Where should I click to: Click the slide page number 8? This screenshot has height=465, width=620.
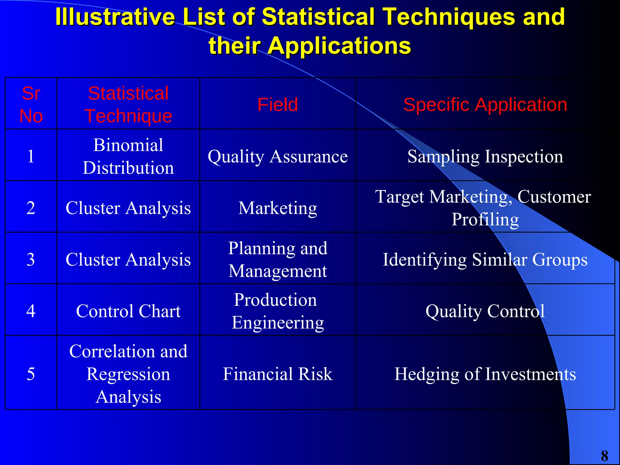(x=604, y=456)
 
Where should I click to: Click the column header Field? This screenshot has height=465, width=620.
(x=278, y=104)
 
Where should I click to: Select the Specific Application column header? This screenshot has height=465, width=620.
(x=485, y=104)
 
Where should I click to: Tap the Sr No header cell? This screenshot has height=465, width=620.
(x=31, y=104)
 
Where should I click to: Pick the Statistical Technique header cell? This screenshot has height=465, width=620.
(x=128, y=104)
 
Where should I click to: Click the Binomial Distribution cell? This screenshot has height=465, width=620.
(x=128, y=156)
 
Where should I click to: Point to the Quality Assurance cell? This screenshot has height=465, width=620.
(x=278, y=157)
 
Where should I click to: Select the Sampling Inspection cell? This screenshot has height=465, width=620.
(x=485, y=157)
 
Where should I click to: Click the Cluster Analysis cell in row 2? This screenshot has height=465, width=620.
(x=128, y=208)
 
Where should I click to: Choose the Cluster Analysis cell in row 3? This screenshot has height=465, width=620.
(x=128, y=259)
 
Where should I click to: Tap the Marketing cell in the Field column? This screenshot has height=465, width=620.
(x=278, y=208)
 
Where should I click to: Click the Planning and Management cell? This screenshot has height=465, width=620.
(x=278, y=259)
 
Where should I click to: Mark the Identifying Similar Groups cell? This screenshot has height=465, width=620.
(x=485, y=259)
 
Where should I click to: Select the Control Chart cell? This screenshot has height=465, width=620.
(x=128, y=311)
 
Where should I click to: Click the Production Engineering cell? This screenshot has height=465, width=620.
(x=278, y=311)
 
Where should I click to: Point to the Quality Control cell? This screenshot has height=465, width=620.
(x=485, y=311)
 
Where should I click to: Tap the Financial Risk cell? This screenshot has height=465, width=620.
(x=278, y=374)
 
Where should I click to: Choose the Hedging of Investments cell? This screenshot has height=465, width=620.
(x=485, y=374)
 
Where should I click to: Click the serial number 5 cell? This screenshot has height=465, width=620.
(x=31, y=374)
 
